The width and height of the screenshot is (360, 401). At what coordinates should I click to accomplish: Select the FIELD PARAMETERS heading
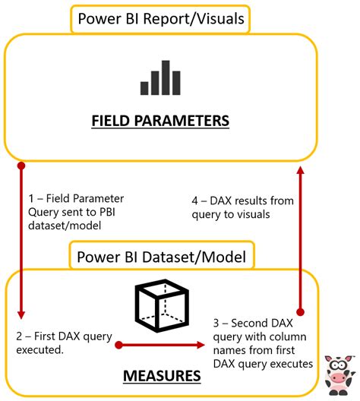159,121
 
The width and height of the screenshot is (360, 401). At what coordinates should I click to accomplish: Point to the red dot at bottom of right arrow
300,312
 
